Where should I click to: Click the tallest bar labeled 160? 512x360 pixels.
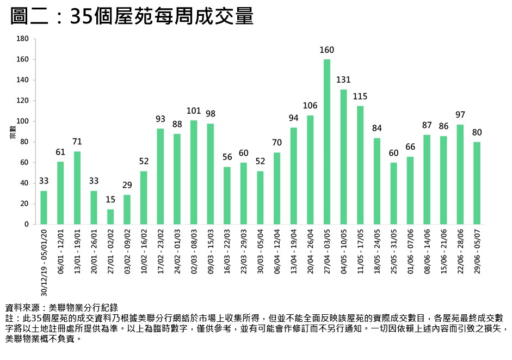point(327,142)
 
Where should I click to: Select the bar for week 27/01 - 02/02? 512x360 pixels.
point(110,217)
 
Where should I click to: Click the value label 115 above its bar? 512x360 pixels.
point(360,96)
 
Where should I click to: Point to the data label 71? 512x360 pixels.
point(77,142)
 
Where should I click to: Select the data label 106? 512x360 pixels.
point(310,106)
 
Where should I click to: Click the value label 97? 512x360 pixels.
point(460,115)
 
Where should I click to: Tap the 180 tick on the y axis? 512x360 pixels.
point(22,39)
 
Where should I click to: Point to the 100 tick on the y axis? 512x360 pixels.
point(22,121)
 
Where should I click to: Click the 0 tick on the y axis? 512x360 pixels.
point(26,224)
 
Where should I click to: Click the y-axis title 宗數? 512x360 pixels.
point(11,132)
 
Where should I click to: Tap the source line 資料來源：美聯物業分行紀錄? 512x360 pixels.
point(61,308)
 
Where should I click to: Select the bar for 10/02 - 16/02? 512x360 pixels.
point(144,198)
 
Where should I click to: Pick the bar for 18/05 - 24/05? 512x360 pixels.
point(377,181)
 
